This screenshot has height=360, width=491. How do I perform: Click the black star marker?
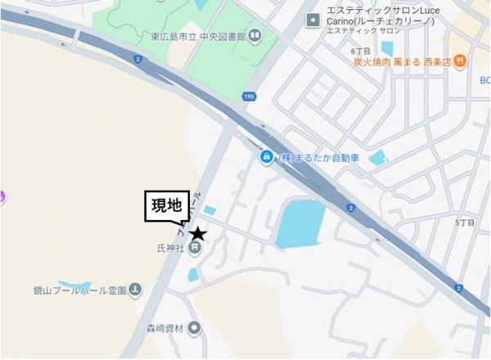pos(197,235)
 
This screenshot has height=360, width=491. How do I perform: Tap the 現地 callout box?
pos(167,206)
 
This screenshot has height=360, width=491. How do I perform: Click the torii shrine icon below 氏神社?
pos(195,250)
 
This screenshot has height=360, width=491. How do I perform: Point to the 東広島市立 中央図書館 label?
pos(198,35)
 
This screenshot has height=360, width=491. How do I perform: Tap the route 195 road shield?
pos(249,97)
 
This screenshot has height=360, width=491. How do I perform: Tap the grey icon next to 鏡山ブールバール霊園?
pos(135,290)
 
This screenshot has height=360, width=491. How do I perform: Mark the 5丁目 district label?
pos(465,223)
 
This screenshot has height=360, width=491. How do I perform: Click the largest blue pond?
pos(300,223)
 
